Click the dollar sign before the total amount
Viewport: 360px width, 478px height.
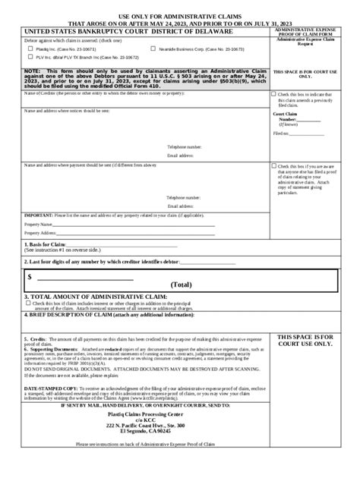30,277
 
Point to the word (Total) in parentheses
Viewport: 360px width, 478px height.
181,285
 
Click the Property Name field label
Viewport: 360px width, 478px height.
39,225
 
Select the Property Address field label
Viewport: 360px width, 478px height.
41,233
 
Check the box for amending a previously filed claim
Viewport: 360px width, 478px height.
274,95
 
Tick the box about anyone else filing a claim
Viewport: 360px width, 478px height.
274,166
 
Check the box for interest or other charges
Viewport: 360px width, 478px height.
29,303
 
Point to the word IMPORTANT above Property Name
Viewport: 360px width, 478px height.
38,215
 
